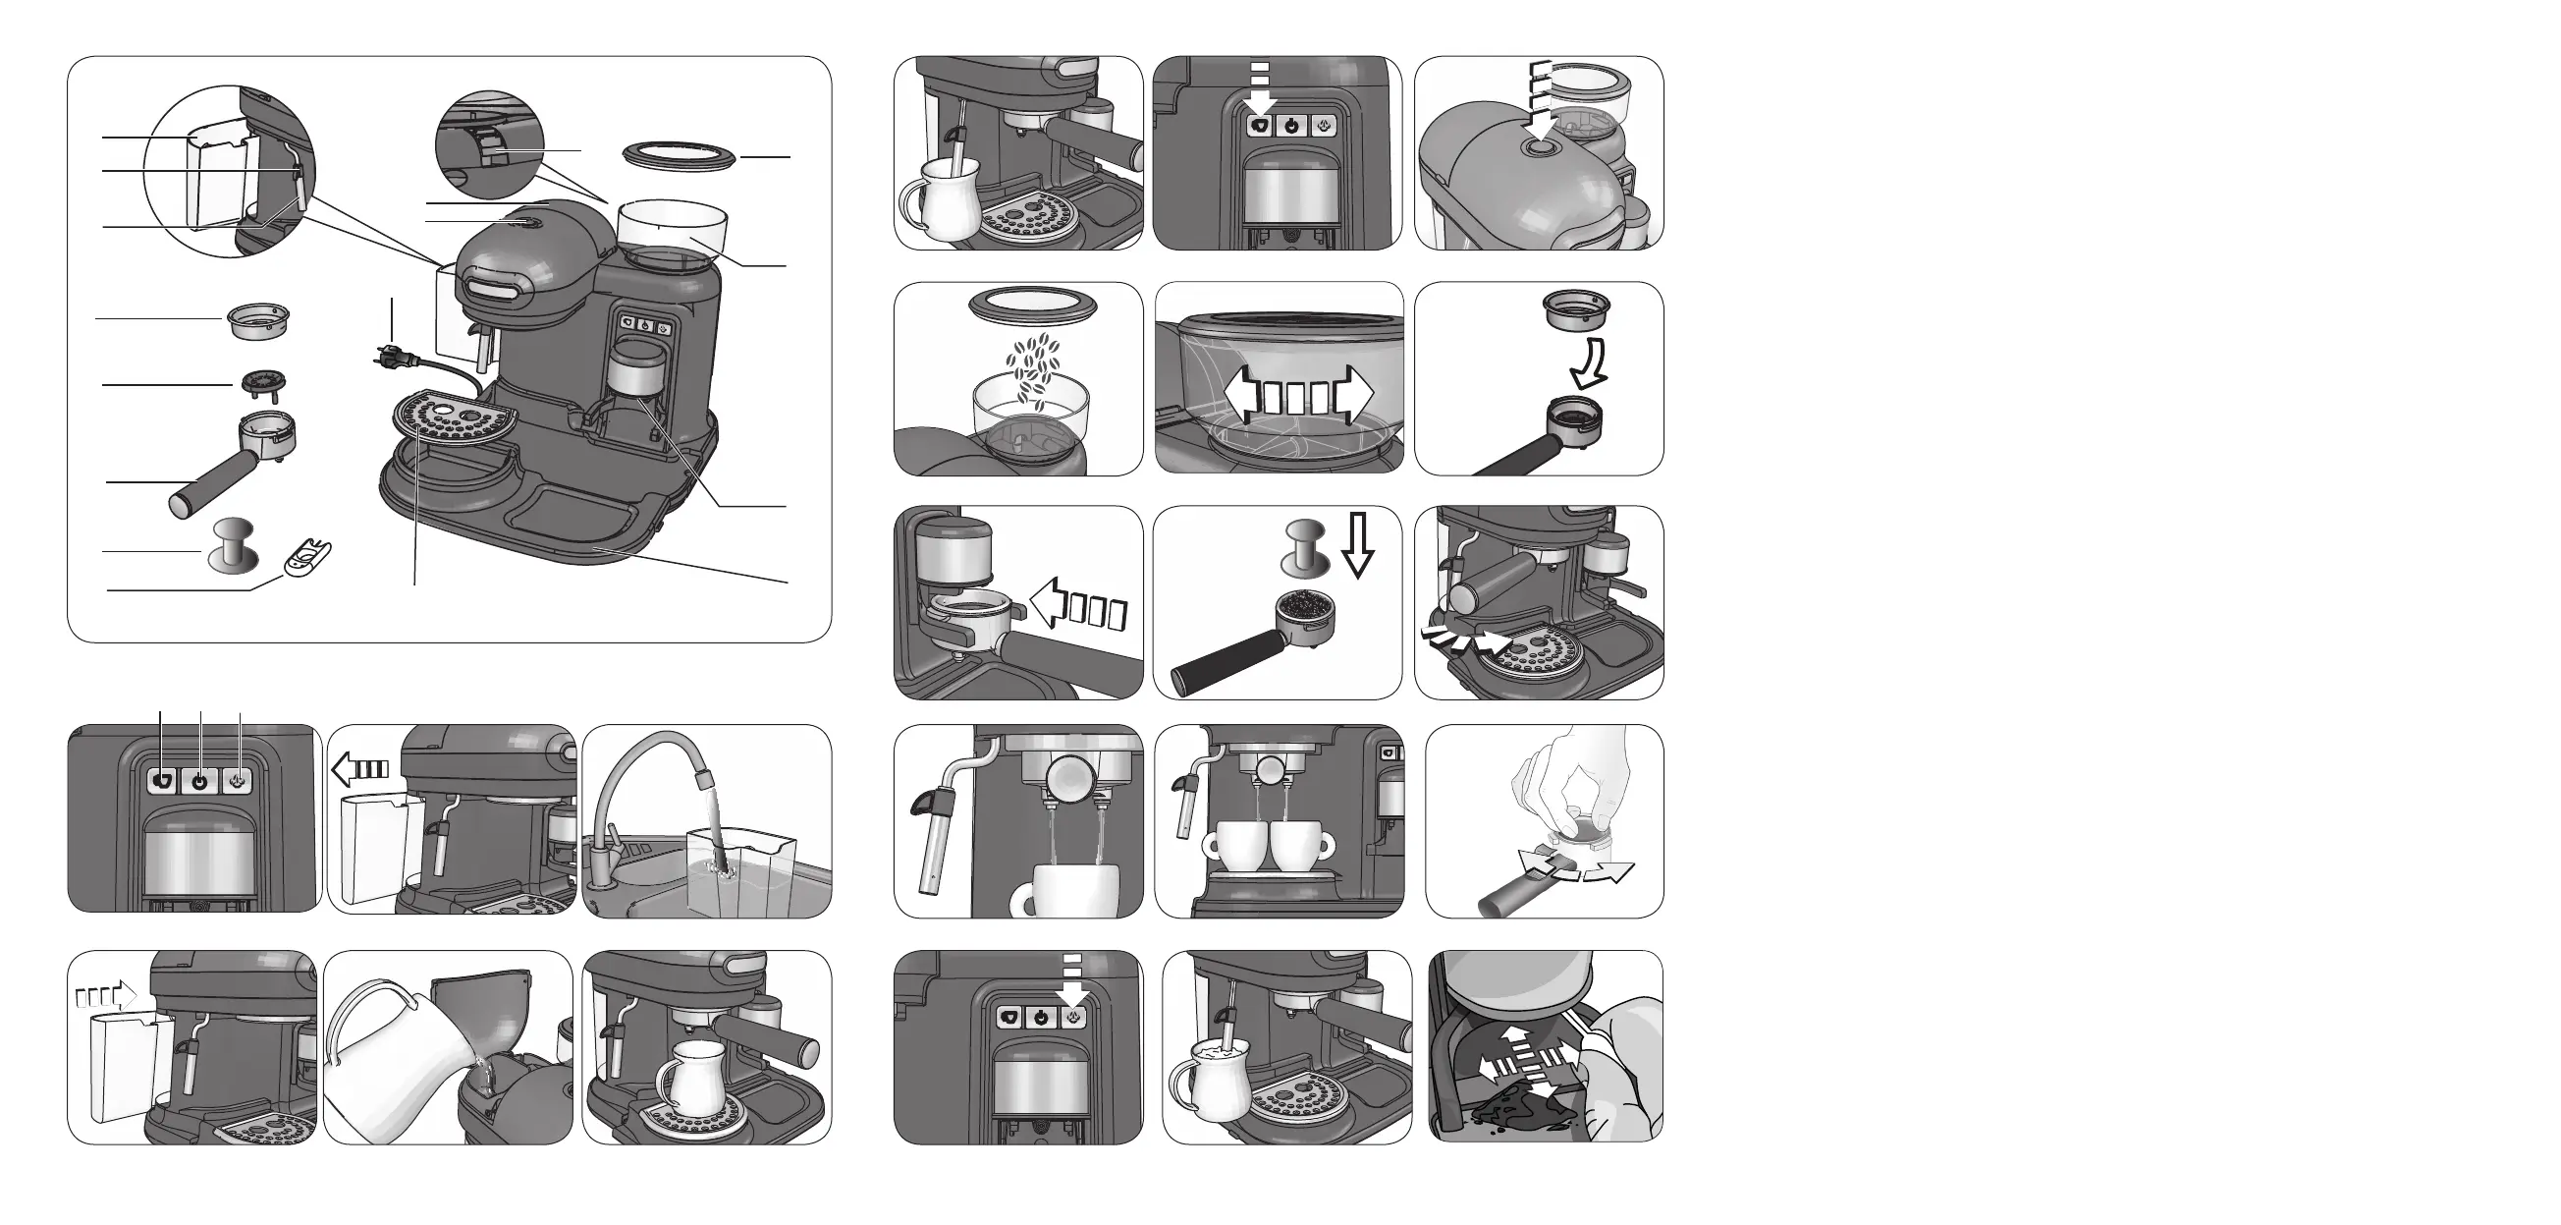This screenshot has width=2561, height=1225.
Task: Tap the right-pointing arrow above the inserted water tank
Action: (x=105, y=992)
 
